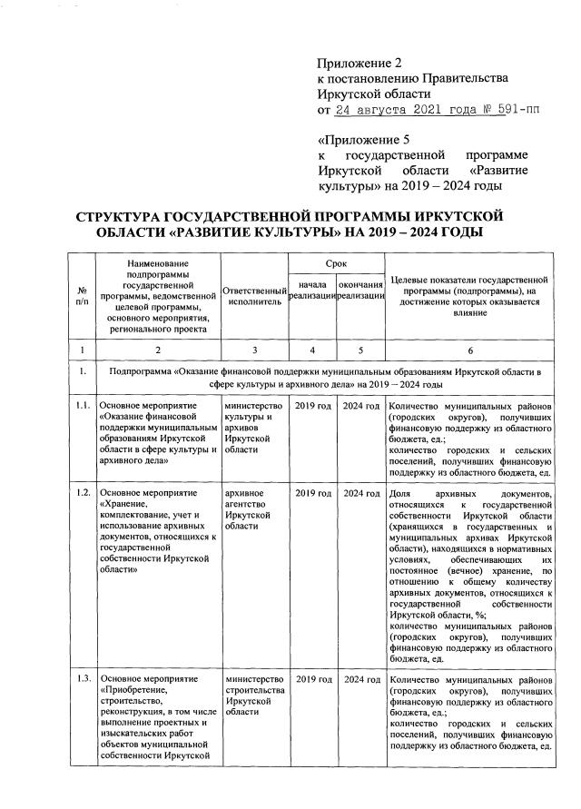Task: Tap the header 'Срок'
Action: tap(335, 262)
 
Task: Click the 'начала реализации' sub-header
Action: tap(311, 293)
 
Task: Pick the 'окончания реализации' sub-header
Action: tap(360, 293)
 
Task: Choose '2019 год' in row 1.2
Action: tap(312, 493)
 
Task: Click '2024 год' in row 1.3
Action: tap(360, 680)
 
